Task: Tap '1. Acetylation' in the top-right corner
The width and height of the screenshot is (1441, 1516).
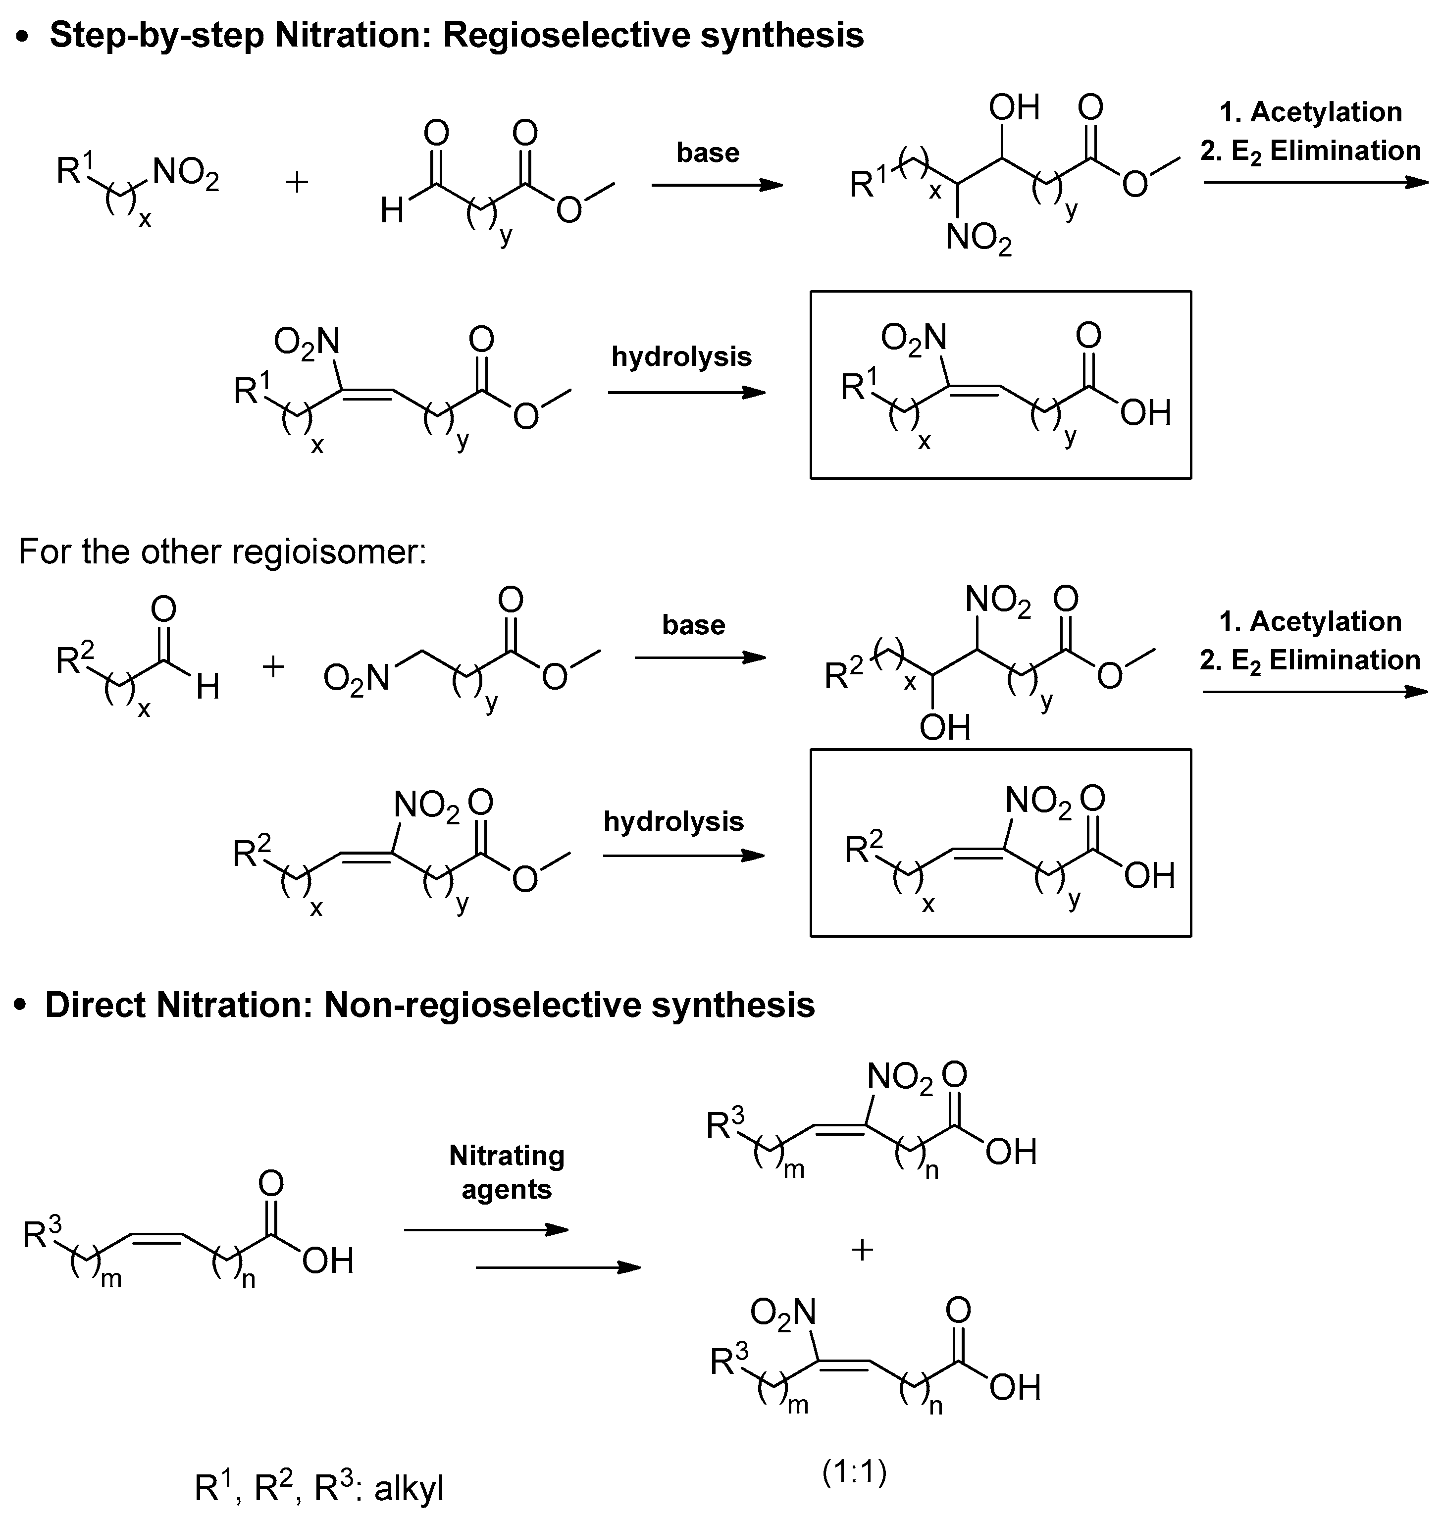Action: [1310, 112]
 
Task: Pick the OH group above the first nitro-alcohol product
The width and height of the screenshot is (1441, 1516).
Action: [1014, 107]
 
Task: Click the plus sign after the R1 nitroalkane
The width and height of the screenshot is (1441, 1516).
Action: [297, 183]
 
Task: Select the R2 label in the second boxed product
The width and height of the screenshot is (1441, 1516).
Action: [864, 847]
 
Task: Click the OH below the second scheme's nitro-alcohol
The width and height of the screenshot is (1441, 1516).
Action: [945, 726]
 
